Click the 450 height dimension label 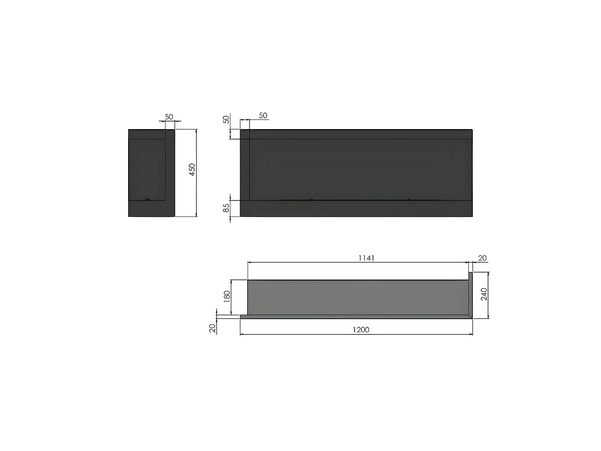tap(192, 170)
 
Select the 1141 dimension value tap(366, 258)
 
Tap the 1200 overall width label tap(361, 330)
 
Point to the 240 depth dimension tap(484, 294)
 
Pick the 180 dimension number tap(227, 297)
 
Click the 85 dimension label tap(226, 208)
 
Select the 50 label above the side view tap(169, 117)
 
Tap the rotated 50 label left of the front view tap(226, 119)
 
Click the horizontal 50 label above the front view tap(263, 115)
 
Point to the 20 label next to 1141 tap(482, 258)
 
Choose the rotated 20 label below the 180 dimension tap(212, 328)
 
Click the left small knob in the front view tap(312, 199)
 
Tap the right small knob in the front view tap(408, 199)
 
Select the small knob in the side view tap(147, 199)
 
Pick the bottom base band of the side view tap(151, 208)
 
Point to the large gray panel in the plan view tap(358, 297)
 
